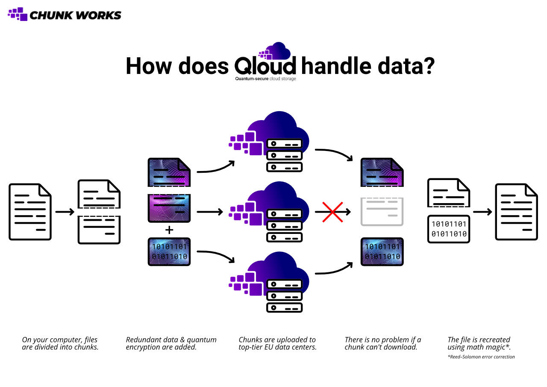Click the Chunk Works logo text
75,15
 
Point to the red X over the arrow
332,212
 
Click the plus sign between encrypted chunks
169,230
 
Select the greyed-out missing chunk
382,211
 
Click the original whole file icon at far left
30,212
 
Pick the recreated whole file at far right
516,212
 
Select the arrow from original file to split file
65,212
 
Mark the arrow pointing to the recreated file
482,212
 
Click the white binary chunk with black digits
449,229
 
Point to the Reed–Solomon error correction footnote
481,357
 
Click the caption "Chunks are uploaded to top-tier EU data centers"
277,343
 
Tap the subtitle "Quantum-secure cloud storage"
265,79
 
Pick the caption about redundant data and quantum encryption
171,343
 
